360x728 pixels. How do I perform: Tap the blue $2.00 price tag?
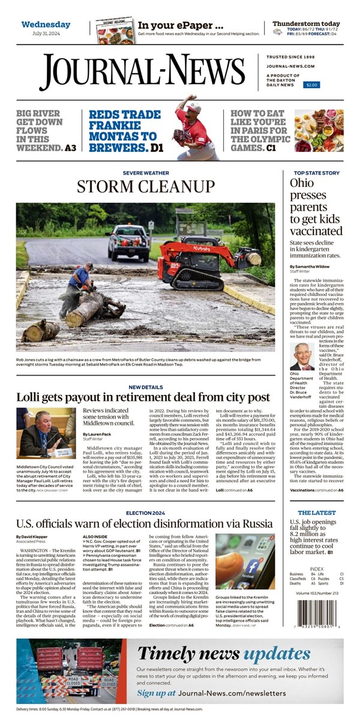[311, 85]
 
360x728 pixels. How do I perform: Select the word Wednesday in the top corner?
[46, 25]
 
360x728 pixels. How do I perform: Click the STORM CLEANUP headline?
[145, 186]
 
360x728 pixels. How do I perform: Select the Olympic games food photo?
[327, 130]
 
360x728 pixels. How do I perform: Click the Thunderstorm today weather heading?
[306, 23]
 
